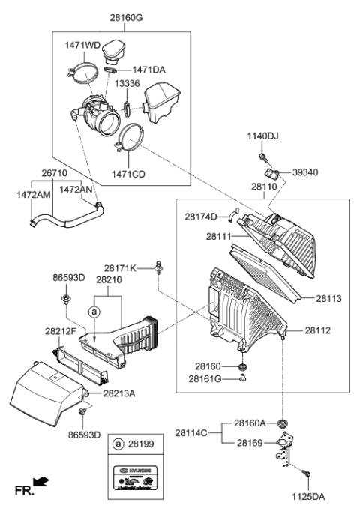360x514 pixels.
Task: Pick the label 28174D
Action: coord(201,217)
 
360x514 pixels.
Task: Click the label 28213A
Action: coord(120,393)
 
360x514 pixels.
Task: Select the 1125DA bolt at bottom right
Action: coord(307,474)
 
